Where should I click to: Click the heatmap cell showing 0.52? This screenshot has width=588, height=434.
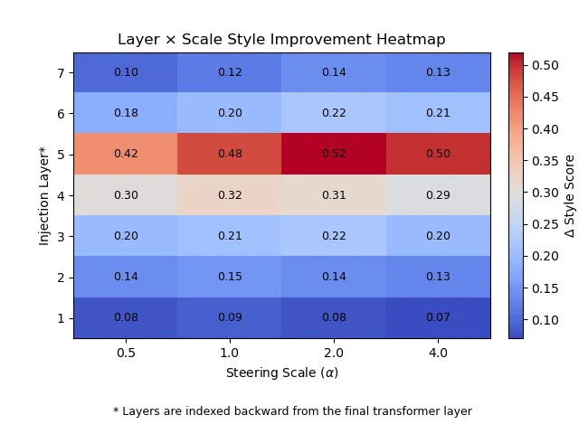[x=334, y=154]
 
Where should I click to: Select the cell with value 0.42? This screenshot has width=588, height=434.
[x=126, y=154]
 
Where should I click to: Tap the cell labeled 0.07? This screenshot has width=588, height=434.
[x=438, y=317]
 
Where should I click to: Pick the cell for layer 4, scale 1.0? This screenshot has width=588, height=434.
[x=230, y=194]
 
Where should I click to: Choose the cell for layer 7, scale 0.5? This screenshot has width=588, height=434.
[x=126, y=72]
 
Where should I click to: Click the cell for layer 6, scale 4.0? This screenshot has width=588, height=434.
[x=438, y=113]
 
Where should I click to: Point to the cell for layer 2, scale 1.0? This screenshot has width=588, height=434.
[x=230, y=277]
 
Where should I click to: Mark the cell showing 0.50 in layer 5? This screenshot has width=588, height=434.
[x=438, y=154]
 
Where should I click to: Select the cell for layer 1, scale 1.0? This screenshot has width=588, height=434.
[x=230, y=317]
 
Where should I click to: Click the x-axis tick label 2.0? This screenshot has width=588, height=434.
[x=334, y=353]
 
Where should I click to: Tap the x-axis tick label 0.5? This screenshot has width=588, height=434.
[x=126, y=353]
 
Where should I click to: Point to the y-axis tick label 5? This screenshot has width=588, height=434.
[x=62, y=155]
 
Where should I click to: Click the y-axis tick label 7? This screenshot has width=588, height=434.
[x=62, y=72]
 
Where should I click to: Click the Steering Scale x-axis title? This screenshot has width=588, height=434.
[x=281, y=372]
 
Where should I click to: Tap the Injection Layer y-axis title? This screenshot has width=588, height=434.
[x=43, y=195]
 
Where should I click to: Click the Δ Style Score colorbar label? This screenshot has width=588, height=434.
[x=570, y=195]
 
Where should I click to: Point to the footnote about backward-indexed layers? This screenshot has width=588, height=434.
[x=292, y=411]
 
